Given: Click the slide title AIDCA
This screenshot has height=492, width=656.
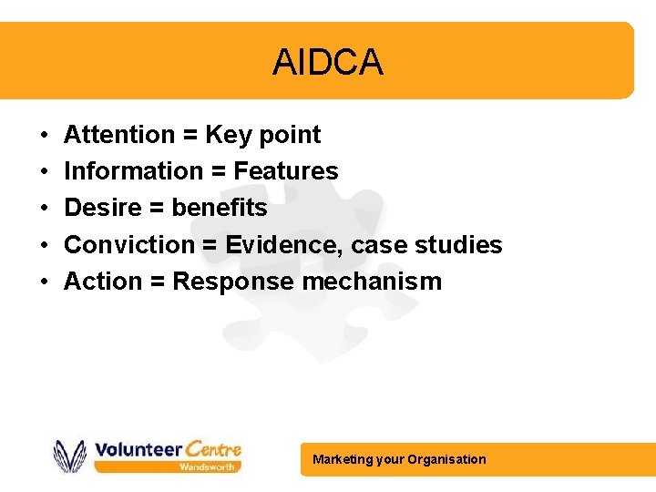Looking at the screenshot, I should (x=327, y=63).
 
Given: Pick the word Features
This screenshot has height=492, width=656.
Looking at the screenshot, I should (x=286, y=171).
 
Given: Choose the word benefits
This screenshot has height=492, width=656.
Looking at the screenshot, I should (x=220, y=208).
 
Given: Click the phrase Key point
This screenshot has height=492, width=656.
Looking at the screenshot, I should (x=262, y=135).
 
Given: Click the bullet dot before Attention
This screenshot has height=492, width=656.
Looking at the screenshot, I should (x=44, y=136).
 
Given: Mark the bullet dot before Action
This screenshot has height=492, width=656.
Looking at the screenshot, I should (x=44, y=282).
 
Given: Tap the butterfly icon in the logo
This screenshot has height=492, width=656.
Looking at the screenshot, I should (x=70, y=456).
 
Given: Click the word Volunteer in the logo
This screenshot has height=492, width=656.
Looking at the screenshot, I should (x=138, y=449).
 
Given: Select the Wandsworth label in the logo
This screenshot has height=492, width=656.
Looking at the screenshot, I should (x=208, y=466).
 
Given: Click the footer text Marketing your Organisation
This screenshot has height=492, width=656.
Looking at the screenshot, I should (x=399, y=459).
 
